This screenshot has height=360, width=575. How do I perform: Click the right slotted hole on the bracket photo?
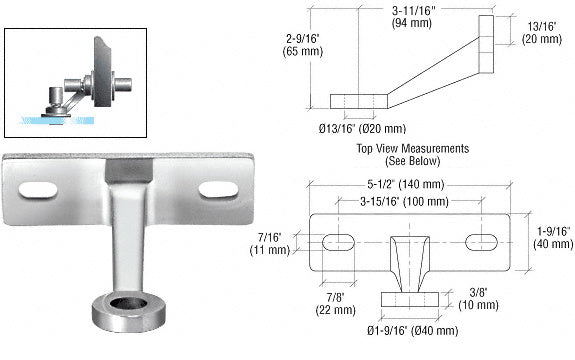[218, 189]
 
